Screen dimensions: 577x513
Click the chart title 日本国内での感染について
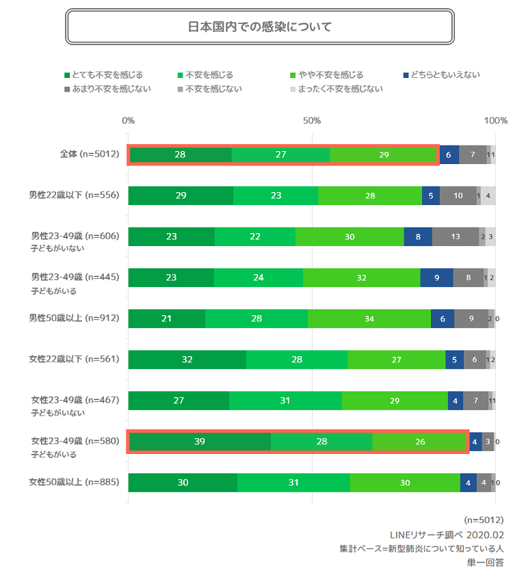pyautogui.click(x=259, y=27)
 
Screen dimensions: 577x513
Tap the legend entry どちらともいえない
pyautogui.click(x=445, y=75)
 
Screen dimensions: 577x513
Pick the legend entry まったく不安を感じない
pyautogui.click(x=340, y=88)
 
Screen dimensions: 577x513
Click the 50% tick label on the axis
pyautogui.click(x=312, y=121)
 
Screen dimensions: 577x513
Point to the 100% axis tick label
pyautogui.click(x=495, y=121)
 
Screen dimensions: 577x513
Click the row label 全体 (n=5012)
pyautogui.click(x=89, y=155)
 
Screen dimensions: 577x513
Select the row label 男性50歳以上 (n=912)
pyautogui.click(x=75, y=318)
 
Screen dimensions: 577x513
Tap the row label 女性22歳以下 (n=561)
pyautogui.click(x=75, y=359)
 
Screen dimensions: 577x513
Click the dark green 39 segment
pyautogui.click(x=199, y=442)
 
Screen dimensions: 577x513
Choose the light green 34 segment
pyautogui.click(x=369, y=319)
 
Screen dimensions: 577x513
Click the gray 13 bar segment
pyautogui.click(x=456, y=237)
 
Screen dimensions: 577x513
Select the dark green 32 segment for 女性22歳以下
pyautogui.click(x=187, y=360)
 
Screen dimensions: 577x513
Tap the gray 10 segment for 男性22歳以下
pyautogui.click(x=458, y=196)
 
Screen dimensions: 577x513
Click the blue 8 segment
pyautogui.click(x=418, y=237)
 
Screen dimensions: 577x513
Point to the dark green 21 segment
pyautogui.click(x=166, y=319)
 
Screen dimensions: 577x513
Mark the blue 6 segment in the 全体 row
pyautogui.click(x=449, y=155)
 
